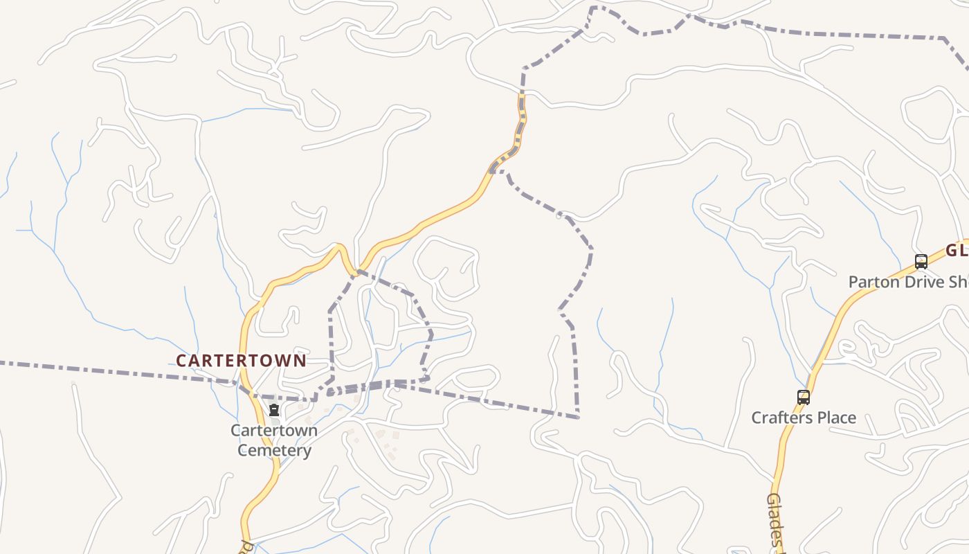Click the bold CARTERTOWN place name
pos(240,361)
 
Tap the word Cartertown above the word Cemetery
pos(274,430)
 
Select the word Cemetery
pos(274,450)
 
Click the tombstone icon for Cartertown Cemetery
pos(274,410)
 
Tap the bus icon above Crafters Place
pos(803,397)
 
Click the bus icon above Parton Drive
pos(921,262)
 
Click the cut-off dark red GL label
pos(957,251)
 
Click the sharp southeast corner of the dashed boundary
pos(578,418)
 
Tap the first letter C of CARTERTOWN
pos(181,361)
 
